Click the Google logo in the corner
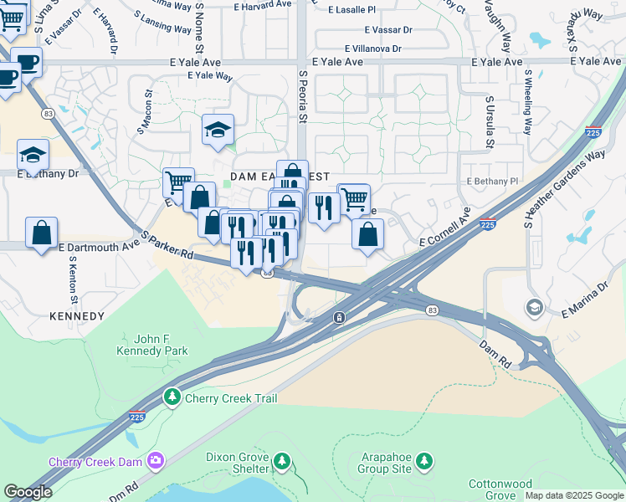coord(28,492)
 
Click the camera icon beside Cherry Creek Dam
coord(155,461)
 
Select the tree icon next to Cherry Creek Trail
coord(173,396)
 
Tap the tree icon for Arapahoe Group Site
coord(425,460)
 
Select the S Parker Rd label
coord(168,244)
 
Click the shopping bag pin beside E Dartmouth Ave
coord(41,233)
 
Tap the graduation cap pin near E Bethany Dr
coord(33,154)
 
